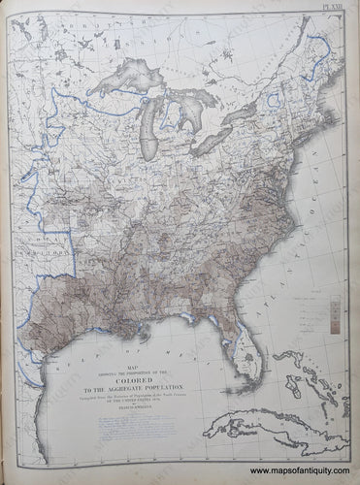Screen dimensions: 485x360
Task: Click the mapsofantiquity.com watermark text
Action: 320,472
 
